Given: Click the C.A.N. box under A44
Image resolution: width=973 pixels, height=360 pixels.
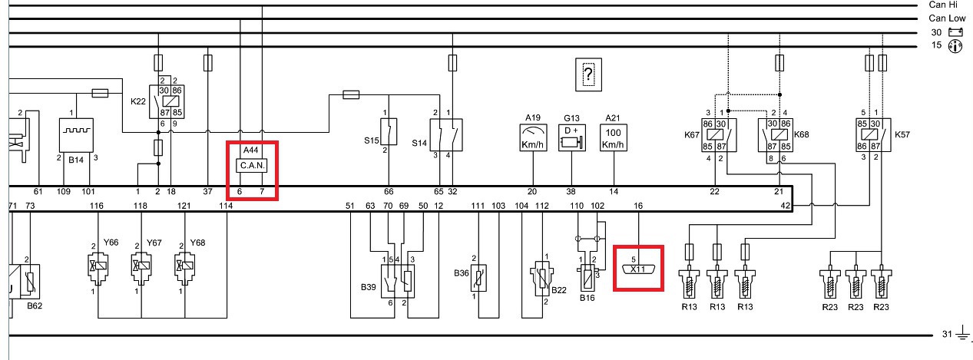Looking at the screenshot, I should [253, 165].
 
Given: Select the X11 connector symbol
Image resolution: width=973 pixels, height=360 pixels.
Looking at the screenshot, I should [638, 269].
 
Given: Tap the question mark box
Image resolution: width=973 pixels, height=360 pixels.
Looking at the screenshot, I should [588, 74].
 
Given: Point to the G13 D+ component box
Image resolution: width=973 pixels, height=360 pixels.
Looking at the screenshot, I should [572, 139].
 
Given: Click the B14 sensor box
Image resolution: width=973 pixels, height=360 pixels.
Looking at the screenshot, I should [77, 135].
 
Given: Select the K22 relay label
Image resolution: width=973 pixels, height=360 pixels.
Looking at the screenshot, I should [138, 101].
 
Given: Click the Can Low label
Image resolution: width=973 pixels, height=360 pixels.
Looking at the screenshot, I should [947, 18].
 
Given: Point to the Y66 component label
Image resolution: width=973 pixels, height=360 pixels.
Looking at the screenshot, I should [111, 243].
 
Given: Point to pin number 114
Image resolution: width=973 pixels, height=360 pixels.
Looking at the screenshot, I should [226, 206].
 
